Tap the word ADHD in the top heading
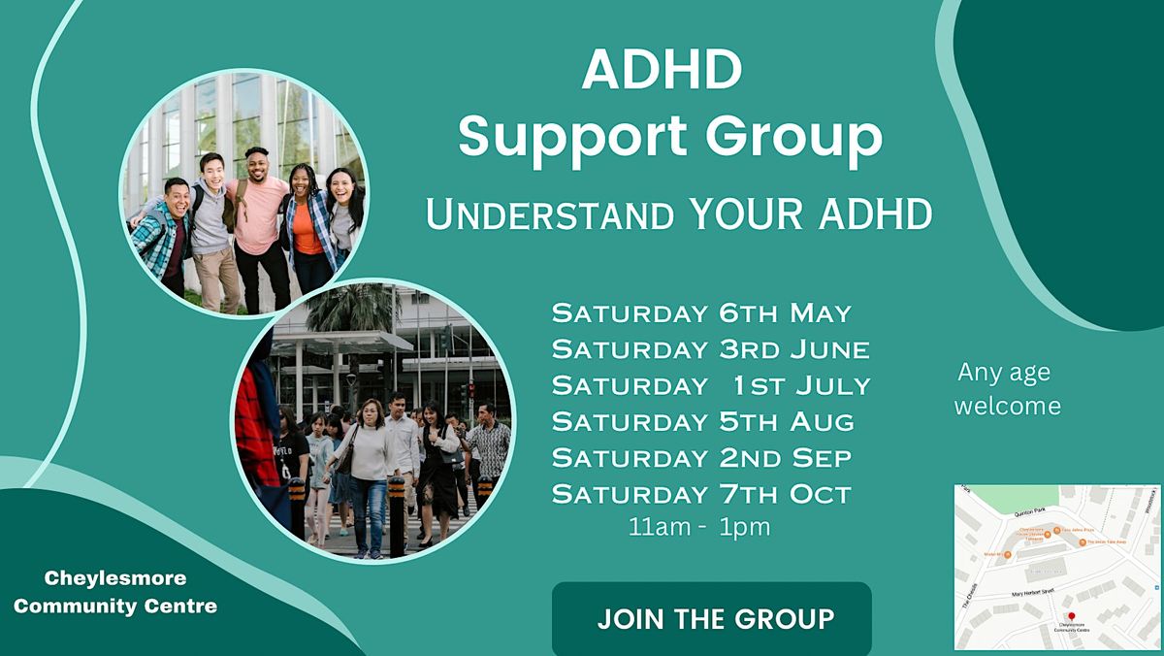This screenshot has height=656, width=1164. (x=663, y=72)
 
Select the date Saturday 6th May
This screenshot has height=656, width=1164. (x=701, y=313)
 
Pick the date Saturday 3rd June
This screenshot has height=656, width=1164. (x=710, y=349)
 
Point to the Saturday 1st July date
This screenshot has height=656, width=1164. (x=710, y=385)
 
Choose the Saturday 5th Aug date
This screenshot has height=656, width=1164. (x=703, y=421)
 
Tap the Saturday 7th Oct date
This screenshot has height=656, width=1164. (x=701, y=493)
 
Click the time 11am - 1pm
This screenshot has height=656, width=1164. (x=699, y=528)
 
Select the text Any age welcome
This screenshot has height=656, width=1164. (x=1007, y=388)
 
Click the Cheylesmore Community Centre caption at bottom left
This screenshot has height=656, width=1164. (x=115, y=592)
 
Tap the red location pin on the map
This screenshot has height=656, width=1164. (x=1071, y=616)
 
